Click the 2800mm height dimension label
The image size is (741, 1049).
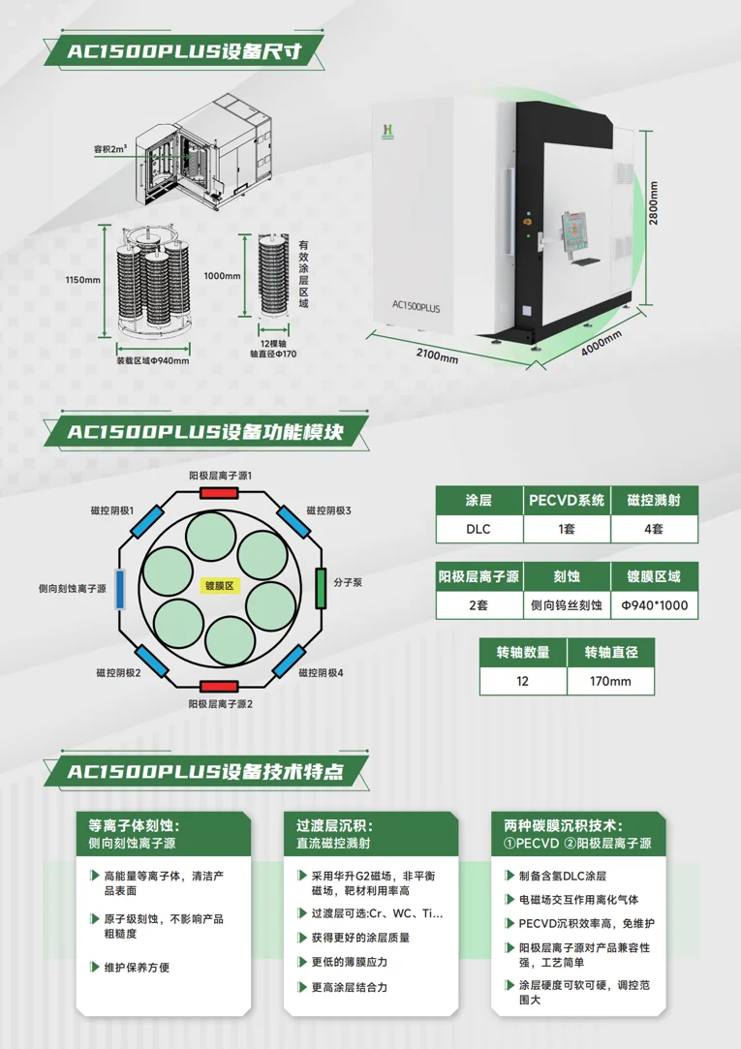(x=654, y=203)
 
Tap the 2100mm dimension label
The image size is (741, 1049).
(x=438, y=355)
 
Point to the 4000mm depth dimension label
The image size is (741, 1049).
(x=601, y=343)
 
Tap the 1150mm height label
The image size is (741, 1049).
(x=83, y=280)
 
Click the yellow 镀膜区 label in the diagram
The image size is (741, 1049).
(x=219, y=586)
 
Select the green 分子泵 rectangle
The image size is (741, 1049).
(x=321, y=588)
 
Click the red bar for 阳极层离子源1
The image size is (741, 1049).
(x=219, y=493)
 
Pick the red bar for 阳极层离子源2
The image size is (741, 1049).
(x=219, y=687)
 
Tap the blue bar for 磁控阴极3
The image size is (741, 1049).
(x=293, y=522)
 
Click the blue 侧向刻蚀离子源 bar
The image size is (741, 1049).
(x=120, y=589)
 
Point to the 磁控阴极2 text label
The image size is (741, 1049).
(x=118, y=672)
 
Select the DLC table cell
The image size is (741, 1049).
(x=479, y=529)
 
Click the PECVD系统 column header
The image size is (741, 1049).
(x=567, y=501)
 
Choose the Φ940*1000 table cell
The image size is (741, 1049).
(x=655, y=605)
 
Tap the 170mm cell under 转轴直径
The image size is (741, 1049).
(x=610, y=681)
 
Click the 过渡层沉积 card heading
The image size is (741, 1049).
(x=334, y=825)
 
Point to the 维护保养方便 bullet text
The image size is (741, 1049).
(x=137, y=968)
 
